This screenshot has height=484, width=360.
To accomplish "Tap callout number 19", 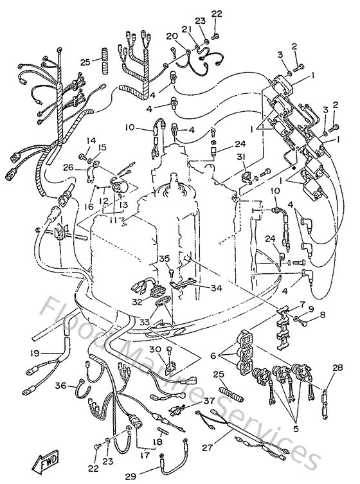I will [x=35, y=354].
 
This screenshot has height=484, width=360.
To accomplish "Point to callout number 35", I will [x=164, y=259].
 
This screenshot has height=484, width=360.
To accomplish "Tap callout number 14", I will [x=90, y=141].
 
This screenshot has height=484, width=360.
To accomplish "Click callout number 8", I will [x=323, y=315].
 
